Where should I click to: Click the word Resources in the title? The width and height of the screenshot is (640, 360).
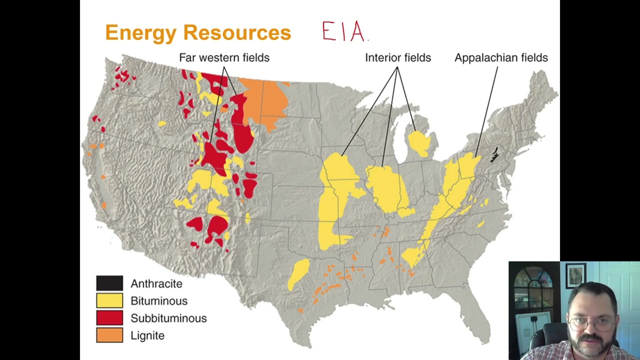tap(237, 33)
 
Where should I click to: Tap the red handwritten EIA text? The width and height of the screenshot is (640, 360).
tap(344, 32)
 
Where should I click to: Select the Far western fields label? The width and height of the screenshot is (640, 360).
tap(224, 57)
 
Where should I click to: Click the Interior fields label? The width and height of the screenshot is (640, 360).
tap(397, 57)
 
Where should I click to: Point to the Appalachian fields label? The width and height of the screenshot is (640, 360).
tap(501, 57)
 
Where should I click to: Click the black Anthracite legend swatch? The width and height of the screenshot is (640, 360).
tap(109, 283)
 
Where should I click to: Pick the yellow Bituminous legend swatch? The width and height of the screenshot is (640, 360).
tap(109, 300)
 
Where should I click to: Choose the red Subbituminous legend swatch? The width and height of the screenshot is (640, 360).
tap(109, 318)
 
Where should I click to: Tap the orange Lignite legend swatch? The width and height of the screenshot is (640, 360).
tap(109, 335)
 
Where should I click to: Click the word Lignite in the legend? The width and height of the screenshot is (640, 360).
tap(147, 335)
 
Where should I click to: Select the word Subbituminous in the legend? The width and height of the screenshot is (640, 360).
tap(168, 318)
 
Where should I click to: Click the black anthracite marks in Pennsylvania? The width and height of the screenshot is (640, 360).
tap(494, 155)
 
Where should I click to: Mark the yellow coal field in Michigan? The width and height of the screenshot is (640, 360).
tap(419, 143)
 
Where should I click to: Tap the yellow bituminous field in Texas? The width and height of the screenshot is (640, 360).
tap(299, 273)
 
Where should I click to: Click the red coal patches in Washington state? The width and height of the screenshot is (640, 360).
tap(122, 76)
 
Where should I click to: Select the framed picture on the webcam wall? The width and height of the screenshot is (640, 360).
tap(576, 275)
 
